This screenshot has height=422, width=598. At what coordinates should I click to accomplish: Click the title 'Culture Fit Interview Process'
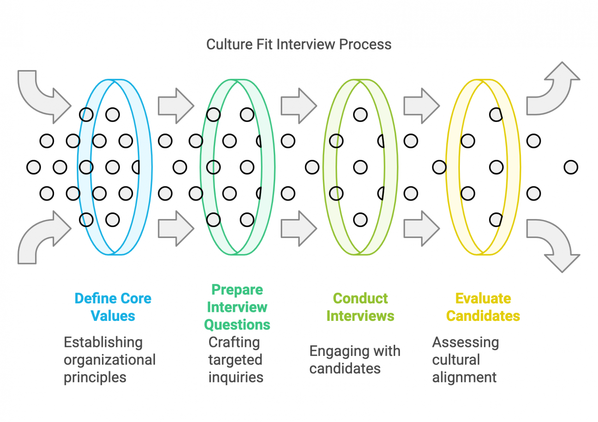click(299, 44)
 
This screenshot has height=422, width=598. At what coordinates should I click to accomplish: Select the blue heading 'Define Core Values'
click(113, 307)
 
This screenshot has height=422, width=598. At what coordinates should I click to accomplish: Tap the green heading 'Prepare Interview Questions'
click(237, 307)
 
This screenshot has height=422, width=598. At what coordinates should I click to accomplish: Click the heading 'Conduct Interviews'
click(360, 307)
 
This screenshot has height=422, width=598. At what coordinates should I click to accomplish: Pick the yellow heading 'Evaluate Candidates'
click(483, 307)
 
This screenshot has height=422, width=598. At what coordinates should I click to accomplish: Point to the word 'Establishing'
click(103, 342)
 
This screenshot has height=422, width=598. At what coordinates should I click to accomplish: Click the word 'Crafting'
click(234, 342)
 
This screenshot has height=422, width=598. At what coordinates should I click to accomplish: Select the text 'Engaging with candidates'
click(355, 360)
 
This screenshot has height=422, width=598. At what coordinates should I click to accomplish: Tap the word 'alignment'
click(464, 377)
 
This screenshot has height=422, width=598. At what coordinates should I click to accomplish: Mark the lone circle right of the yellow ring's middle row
click(571, 167)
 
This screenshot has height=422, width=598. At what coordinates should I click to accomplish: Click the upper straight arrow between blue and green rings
click(176, 106)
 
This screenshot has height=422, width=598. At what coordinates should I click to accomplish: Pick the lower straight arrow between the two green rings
click(299, 229)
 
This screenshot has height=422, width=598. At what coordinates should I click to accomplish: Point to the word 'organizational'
click(109, 360)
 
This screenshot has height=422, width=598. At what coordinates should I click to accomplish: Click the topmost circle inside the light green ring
click(360, 115)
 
